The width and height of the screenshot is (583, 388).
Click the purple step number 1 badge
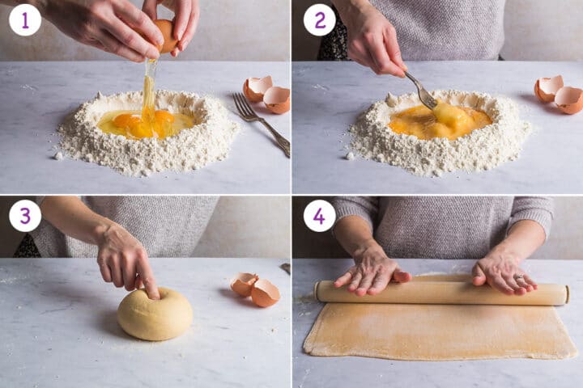[x=25, y=19]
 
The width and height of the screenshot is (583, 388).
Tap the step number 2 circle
[x=319, y=19]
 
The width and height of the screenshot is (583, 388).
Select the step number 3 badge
[x=25, y=216]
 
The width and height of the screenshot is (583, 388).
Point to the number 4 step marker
[x=319, y=216]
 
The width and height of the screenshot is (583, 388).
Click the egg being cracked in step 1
[x=167, y=36]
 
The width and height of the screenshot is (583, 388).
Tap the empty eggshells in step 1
[x=267, y=95]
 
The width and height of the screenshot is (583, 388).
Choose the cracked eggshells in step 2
[x=559, y=95]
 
